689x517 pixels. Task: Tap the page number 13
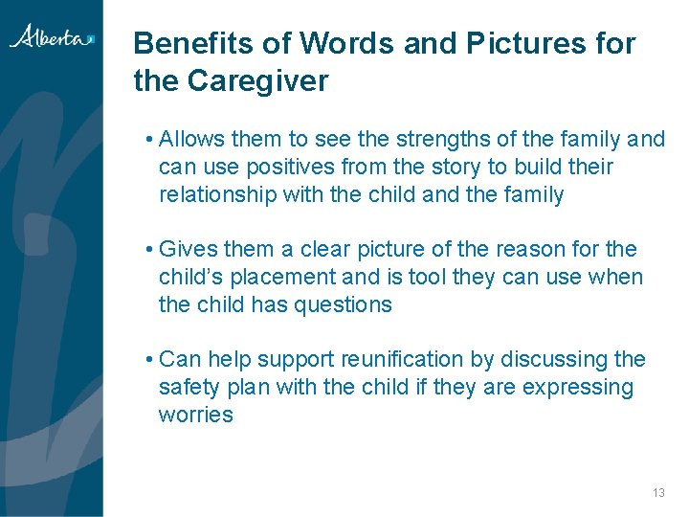657,492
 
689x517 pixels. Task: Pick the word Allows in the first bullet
189,140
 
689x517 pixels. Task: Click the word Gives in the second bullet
188,250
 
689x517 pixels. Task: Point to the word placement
287,278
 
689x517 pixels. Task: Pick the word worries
196,416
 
